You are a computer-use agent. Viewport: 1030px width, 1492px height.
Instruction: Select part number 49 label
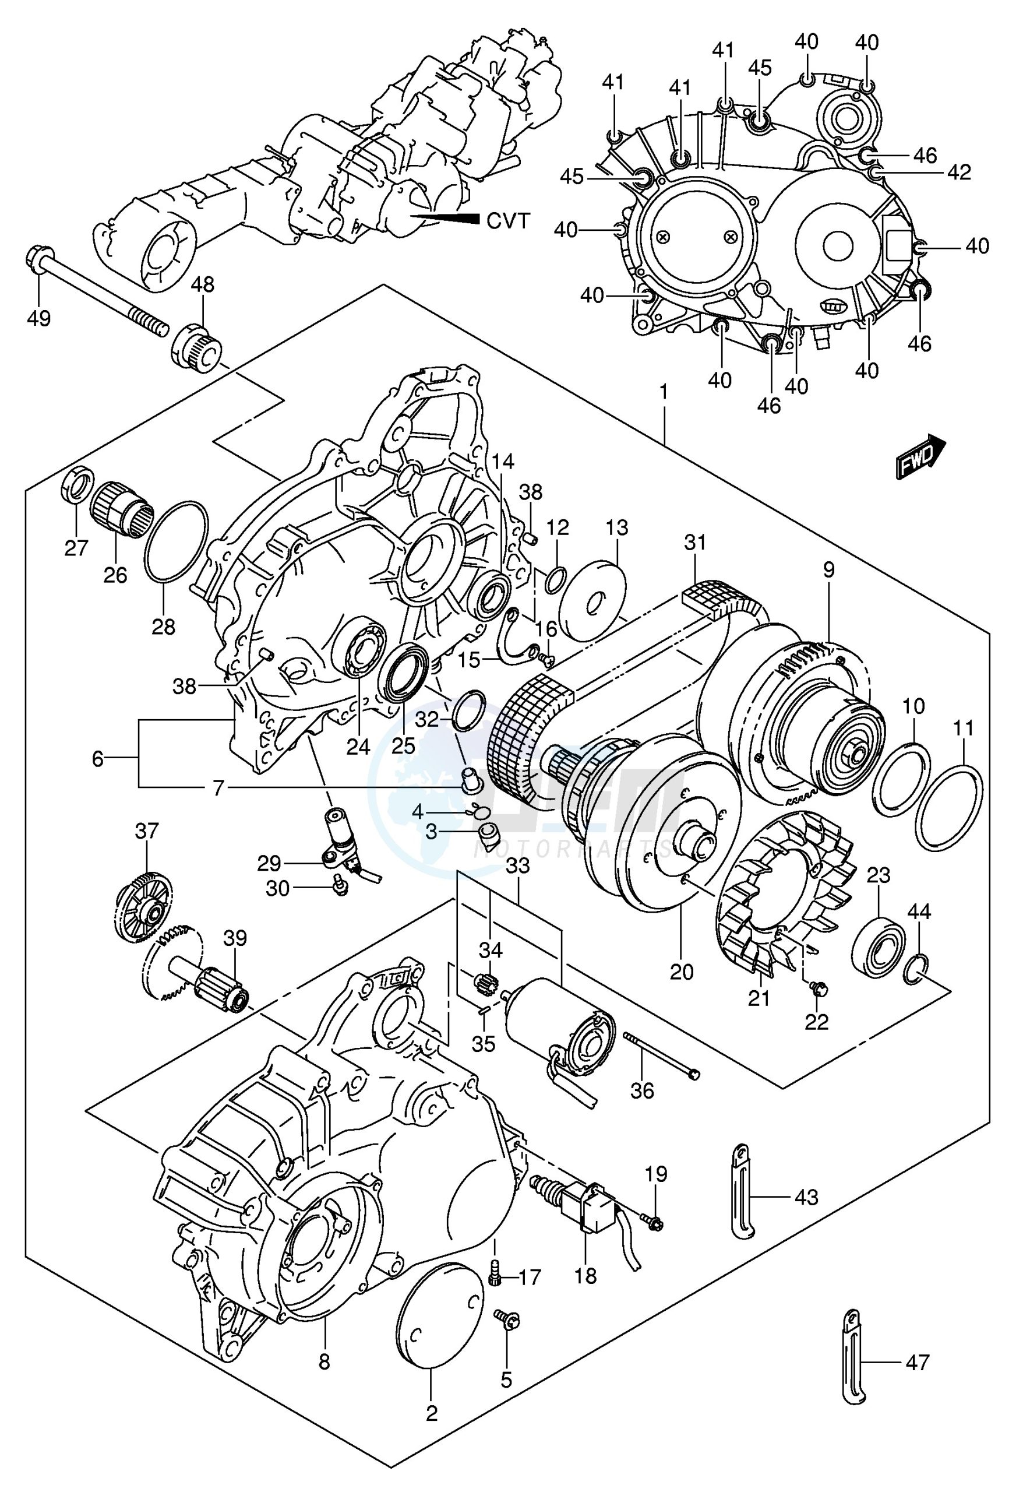(x=40, y=318)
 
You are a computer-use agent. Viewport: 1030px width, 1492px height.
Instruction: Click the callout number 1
(x=664, y=393)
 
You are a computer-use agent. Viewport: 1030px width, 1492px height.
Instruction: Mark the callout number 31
(x=695, y=543)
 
